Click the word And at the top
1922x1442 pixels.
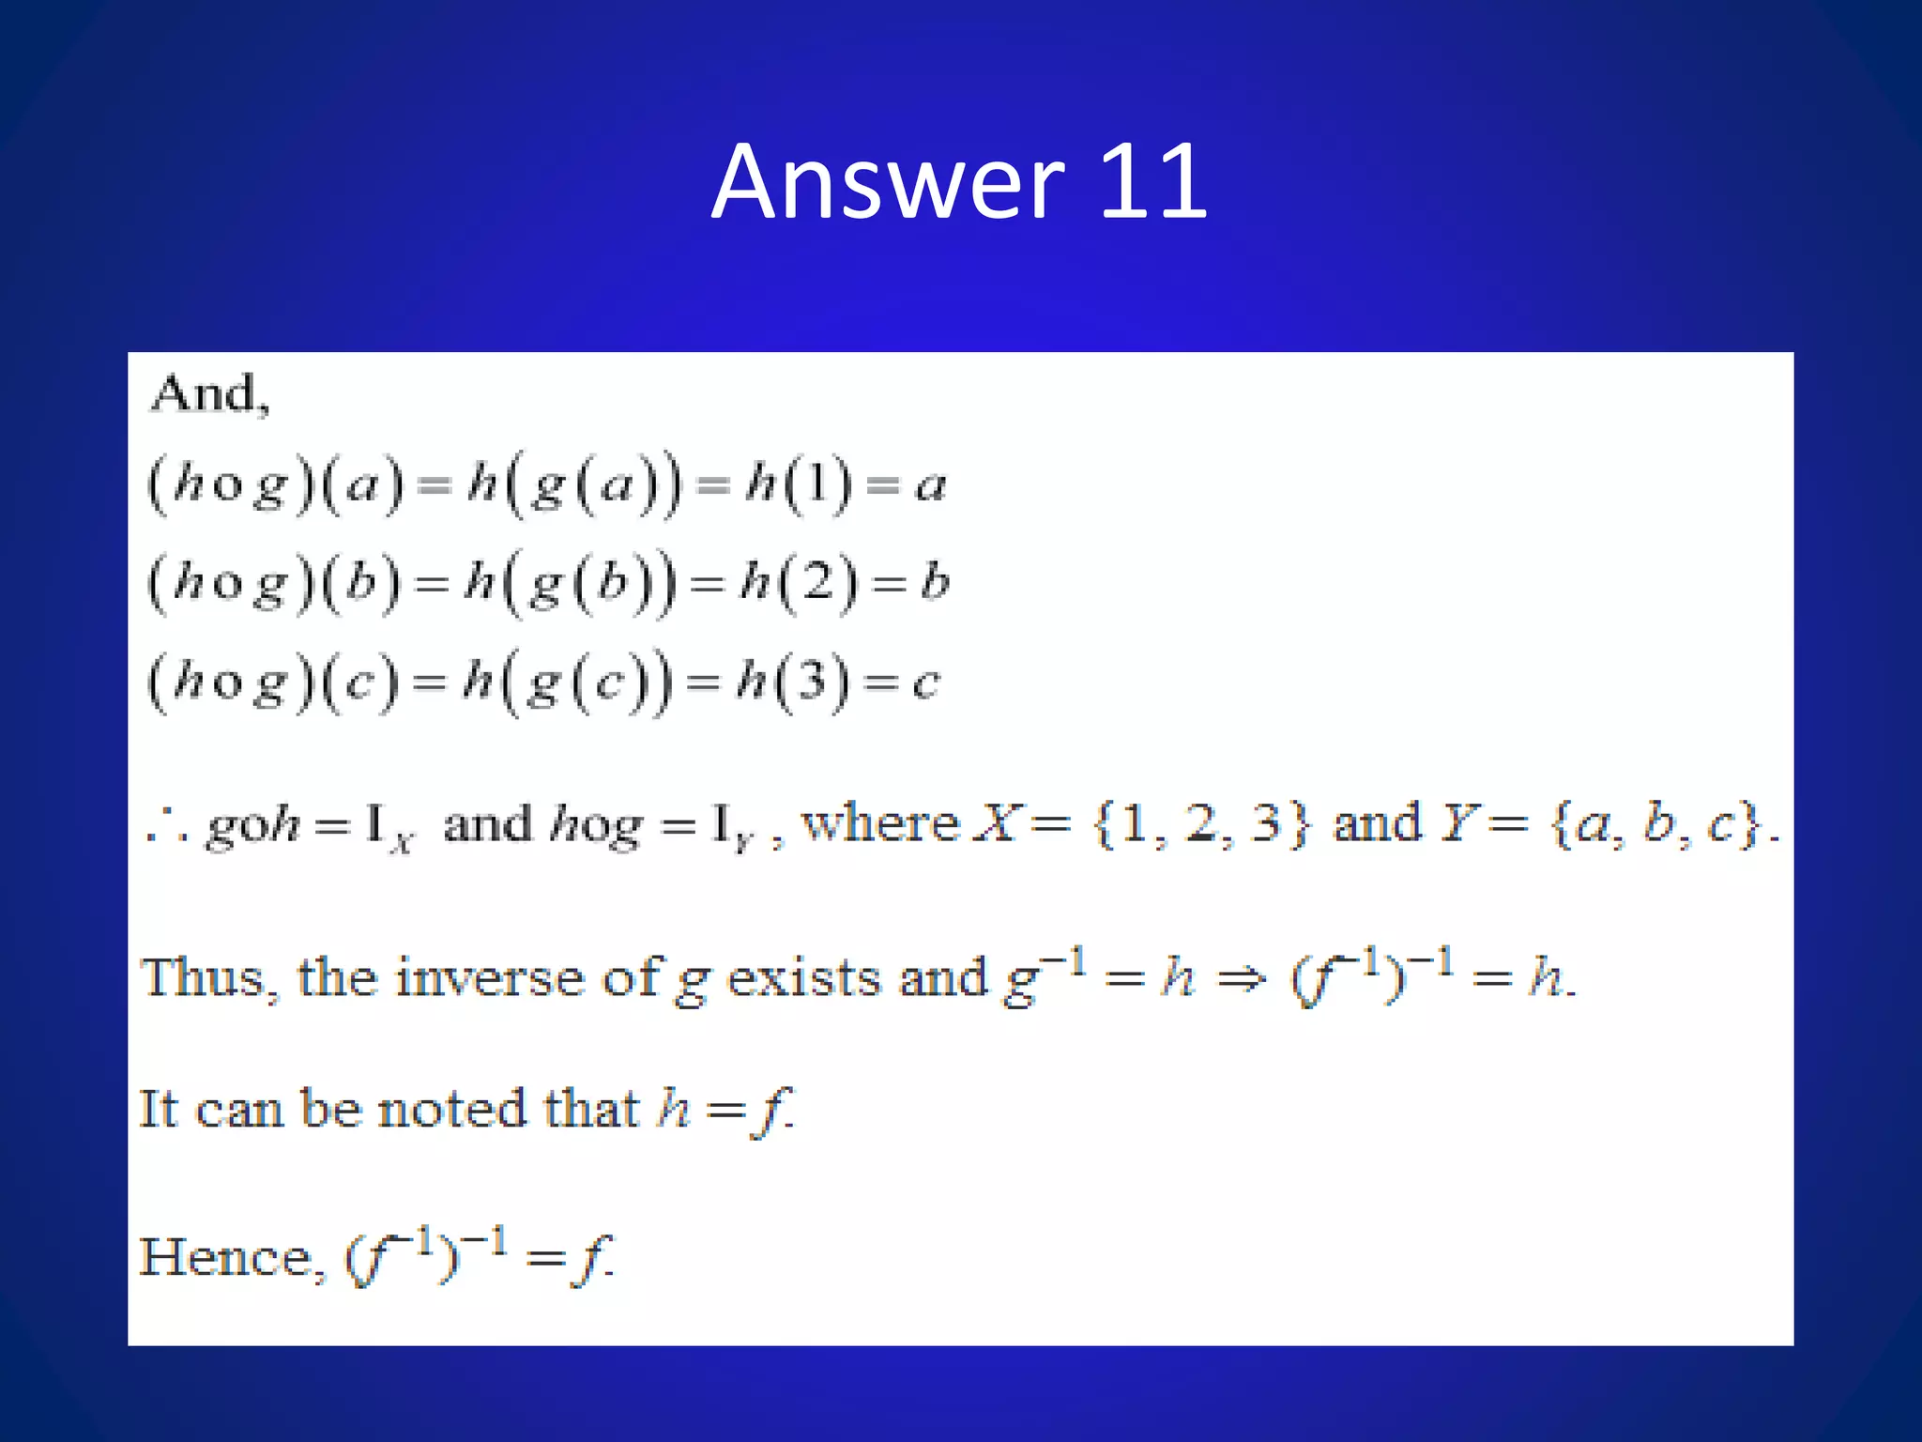click(208, 393)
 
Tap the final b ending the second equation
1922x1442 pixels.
click(935, 582)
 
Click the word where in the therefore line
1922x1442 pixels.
click(880, 824)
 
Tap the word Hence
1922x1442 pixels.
click(231, 1257)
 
